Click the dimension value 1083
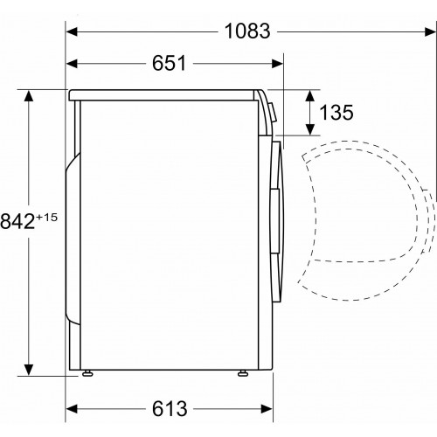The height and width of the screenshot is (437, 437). (x=246, y=31)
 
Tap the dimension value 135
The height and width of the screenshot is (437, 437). (x=336, y=112)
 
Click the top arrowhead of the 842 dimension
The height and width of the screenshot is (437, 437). (x=30, y=94)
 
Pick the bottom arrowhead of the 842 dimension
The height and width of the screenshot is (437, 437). (x=30, y=368)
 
